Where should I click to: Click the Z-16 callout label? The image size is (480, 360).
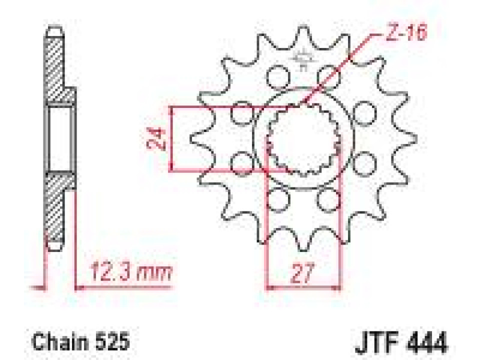[x=406, y=33]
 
